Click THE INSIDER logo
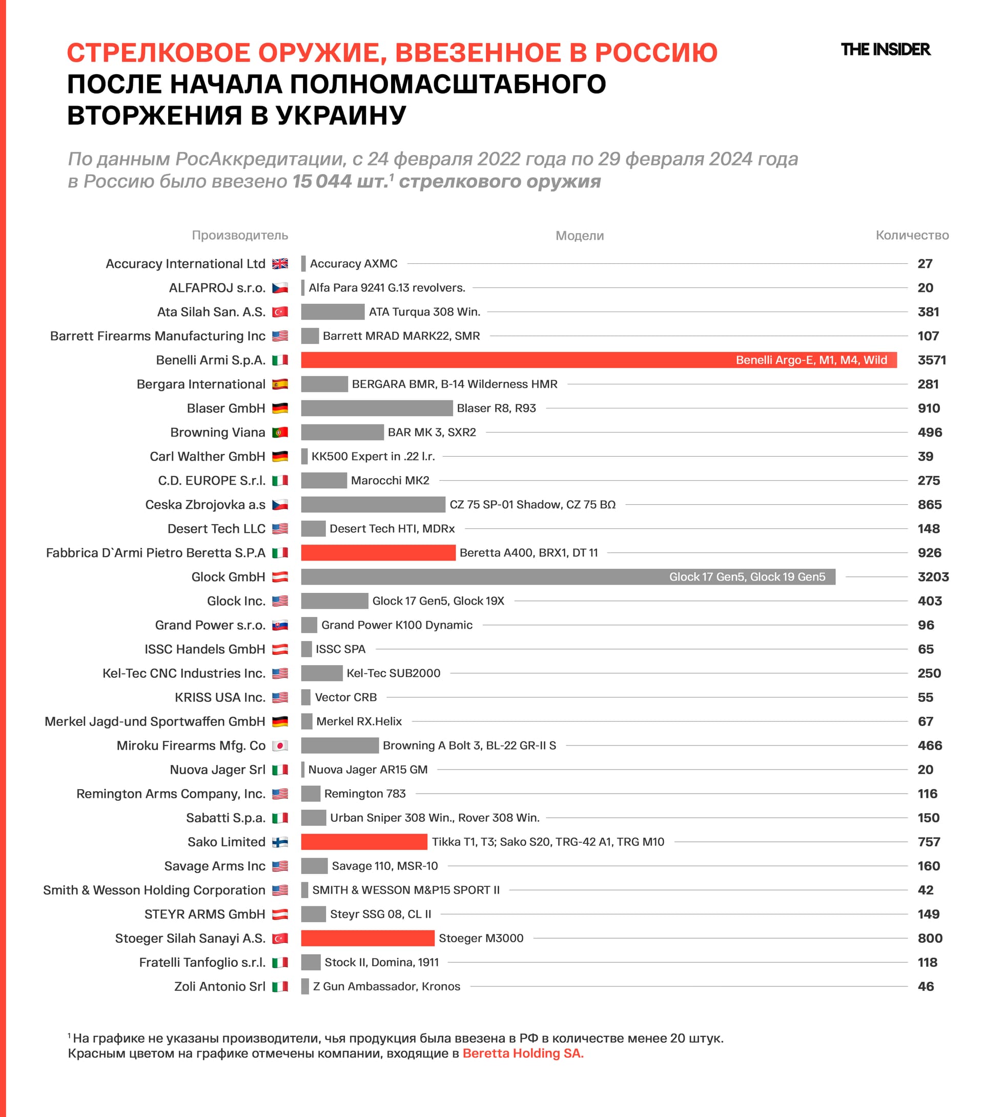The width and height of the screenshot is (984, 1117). [885, 50]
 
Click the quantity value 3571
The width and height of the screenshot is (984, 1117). [932, 360]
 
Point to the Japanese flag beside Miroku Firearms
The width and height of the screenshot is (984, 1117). [280, 746]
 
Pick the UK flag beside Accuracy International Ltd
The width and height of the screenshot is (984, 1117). [280, 264]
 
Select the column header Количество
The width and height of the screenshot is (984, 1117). [912, 236]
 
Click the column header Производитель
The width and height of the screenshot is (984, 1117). [239, 236]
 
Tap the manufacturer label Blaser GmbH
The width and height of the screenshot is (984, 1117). [226, 408]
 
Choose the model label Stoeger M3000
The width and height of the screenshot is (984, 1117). [481, 938]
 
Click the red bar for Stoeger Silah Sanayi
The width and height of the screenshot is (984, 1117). [367, 938]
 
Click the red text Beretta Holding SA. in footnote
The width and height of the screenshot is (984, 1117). [523, 1053]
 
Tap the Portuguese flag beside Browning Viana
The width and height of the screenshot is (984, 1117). [280, 433]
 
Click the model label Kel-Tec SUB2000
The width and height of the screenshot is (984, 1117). [393, 673]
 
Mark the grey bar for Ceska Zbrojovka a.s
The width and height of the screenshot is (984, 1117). [373, 505]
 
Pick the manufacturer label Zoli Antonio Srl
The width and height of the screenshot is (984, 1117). [219, 986]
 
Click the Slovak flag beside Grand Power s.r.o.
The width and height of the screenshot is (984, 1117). [280, 625]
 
